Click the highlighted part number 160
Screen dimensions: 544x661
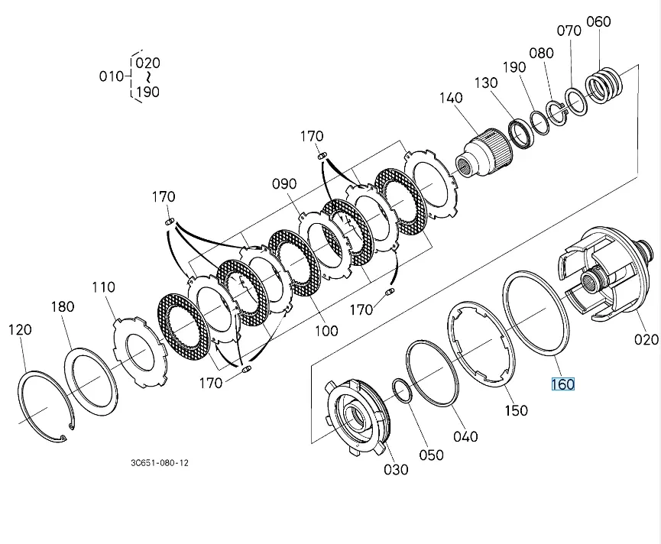[562, 384]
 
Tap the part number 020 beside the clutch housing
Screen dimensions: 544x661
[645, 339]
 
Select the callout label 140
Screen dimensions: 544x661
[451, 98]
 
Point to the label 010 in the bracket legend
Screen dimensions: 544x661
[112, 76]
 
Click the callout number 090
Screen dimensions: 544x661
[284, 184]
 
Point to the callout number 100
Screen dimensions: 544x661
[327, 331]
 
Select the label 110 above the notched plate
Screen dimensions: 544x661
[103, 287]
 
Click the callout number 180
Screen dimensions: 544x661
[63, 306]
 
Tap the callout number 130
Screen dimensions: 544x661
[486, 83]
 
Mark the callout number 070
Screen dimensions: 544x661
[569, 31]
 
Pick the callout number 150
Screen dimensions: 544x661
[516, 410]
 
